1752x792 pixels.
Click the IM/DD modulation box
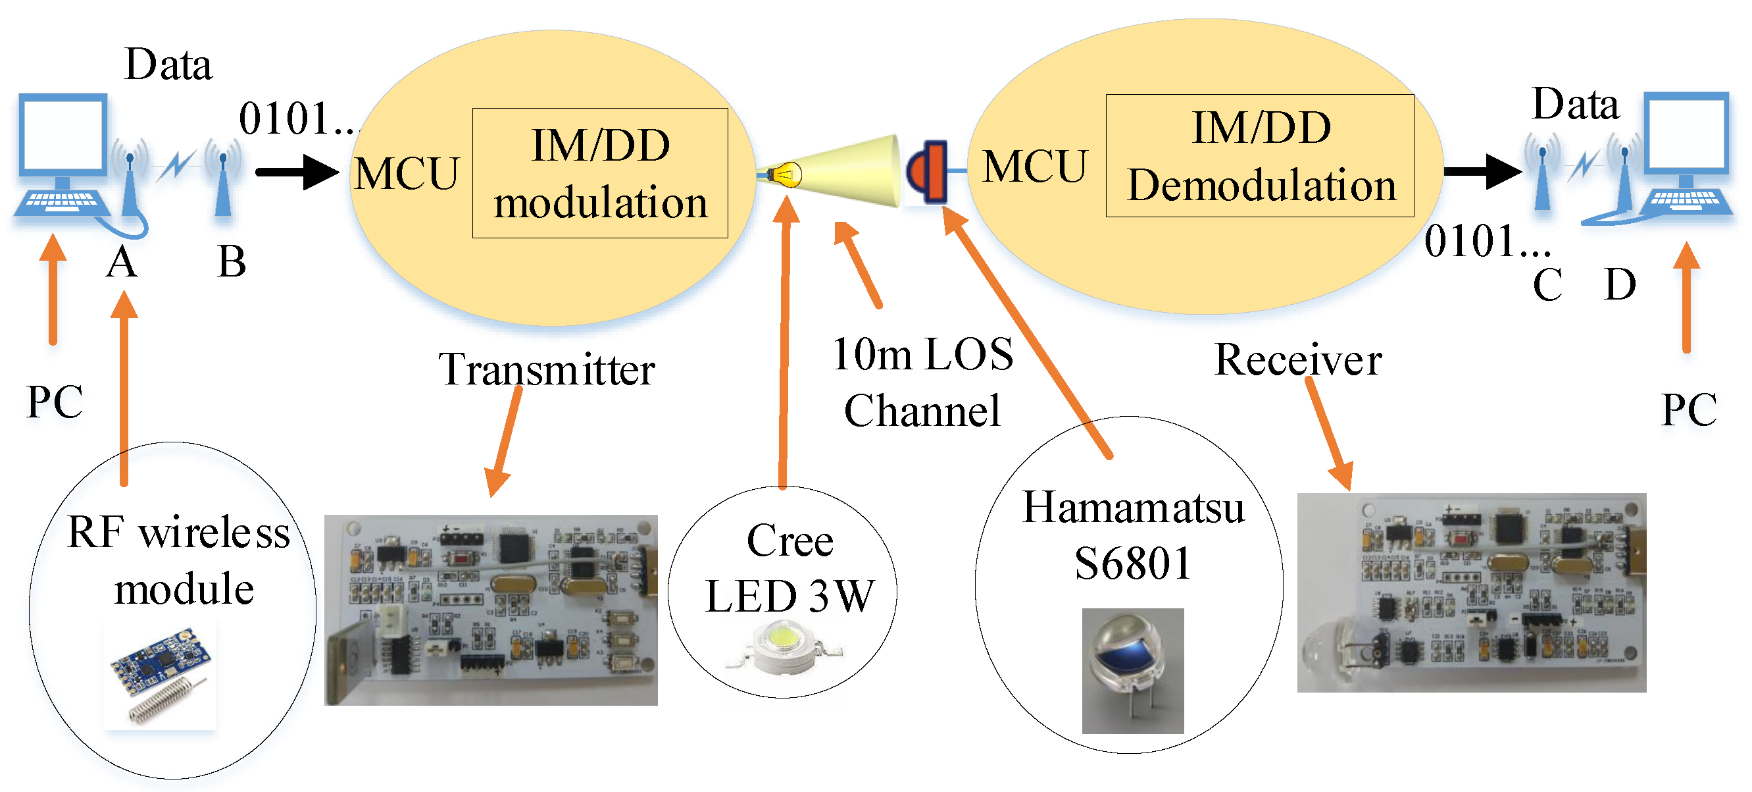(x=600, y=173)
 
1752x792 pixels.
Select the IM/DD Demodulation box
(x=1260, y=156)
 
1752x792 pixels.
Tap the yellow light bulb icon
(x=786, y=174)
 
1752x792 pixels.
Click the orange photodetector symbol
(x=928, y=171)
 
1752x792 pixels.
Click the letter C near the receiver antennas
(x=1547, y=284)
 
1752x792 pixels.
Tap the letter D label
(x=1619, y=284)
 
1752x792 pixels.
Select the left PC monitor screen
(x=63, y=135)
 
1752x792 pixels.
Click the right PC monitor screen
(x=1688, y=134)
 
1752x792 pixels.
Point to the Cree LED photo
(x=783, y=649)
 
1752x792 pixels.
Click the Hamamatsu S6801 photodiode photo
(x=1132, y=670)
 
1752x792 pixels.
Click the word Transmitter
(x=546, y=370)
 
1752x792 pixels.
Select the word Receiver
(x=1297, y=360)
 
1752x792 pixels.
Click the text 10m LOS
(x=922, y=354)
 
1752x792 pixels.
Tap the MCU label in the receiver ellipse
(x=1034, y=167)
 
